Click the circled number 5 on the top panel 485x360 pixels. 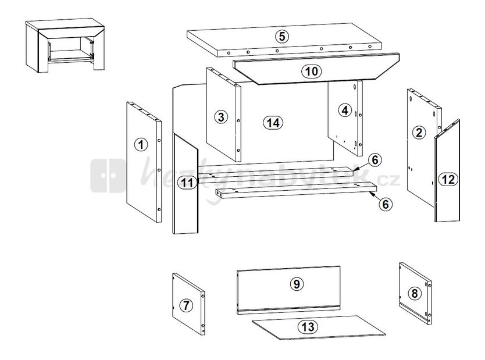[282, 36]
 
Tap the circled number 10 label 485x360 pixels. [312, 72]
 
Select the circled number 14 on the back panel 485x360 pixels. [273, 123]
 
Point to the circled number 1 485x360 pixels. [141, 144]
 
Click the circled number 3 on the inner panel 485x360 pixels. [221, 117]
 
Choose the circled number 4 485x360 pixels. [345, 110]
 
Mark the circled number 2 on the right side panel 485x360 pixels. [419, 133]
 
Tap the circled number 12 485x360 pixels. [448, 179]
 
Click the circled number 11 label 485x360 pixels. [187, 183]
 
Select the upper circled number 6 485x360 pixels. [375, 160]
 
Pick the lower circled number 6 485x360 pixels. [386, 204]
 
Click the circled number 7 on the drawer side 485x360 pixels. [186, 305]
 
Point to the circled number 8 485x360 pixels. [415, 293]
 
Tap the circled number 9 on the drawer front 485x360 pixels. [297, 284]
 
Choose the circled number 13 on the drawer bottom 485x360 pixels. [308, 327]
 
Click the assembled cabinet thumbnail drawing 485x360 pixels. [65, 45]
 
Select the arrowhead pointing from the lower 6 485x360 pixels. [372, 194]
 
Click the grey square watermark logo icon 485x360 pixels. [108, 176]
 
